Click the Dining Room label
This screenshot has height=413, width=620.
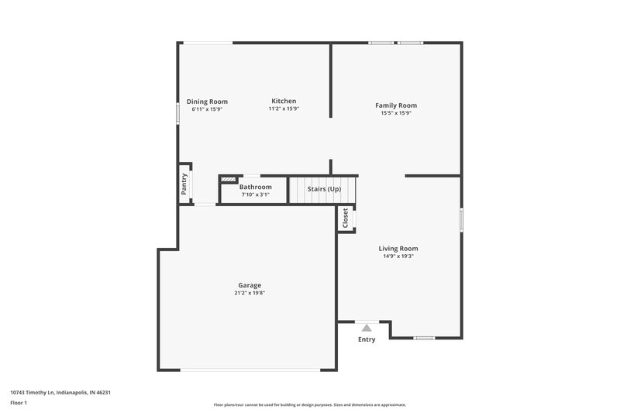[207, 102]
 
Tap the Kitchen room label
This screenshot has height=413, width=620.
[284, 101]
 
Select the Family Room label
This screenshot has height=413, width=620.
[396, 105]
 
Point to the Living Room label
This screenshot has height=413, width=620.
[398, 249]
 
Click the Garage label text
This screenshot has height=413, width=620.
[250, 285]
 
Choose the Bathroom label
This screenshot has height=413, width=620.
[255, 188]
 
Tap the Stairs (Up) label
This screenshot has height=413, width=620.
[324, 189]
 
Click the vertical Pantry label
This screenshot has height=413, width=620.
[184, 184]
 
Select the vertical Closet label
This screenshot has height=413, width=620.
[346, 218]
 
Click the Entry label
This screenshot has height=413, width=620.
[367, 339]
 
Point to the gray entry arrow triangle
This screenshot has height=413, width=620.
[367, 328]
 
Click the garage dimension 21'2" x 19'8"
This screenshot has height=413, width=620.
[250, 293]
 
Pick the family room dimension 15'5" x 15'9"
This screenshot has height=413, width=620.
[396, 113]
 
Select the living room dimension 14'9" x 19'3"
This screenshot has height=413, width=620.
[398, 256]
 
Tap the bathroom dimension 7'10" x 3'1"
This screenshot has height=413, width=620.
[255, 194]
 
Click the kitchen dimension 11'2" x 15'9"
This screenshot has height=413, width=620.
[284, 108]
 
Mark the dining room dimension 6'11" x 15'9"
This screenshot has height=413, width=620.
[207, 109]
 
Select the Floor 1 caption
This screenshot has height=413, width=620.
[19, 404]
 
